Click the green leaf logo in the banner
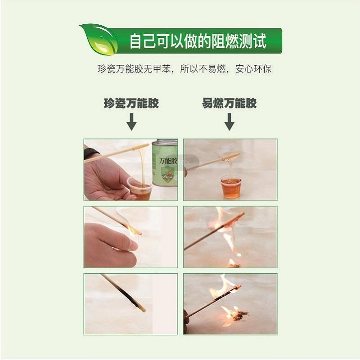pos(99,39)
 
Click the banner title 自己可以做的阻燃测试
pos(198,41)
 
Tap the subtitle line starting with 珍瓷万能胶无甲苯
pos(184,69)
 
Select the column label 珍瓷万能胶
pos(131,103)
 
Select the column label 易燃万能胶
pos(229,103)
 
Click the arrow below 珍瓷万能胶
pos(131,121)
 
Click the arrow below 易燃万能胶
pos(229,121)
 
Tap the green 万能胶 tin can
pos(165,162)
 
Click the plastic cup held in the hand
pos(139,188)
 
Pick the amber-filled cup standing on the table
pos(230,187)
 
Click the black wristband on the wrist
pos(91,153)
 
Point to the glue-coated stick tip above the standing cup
pos(231,157)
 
